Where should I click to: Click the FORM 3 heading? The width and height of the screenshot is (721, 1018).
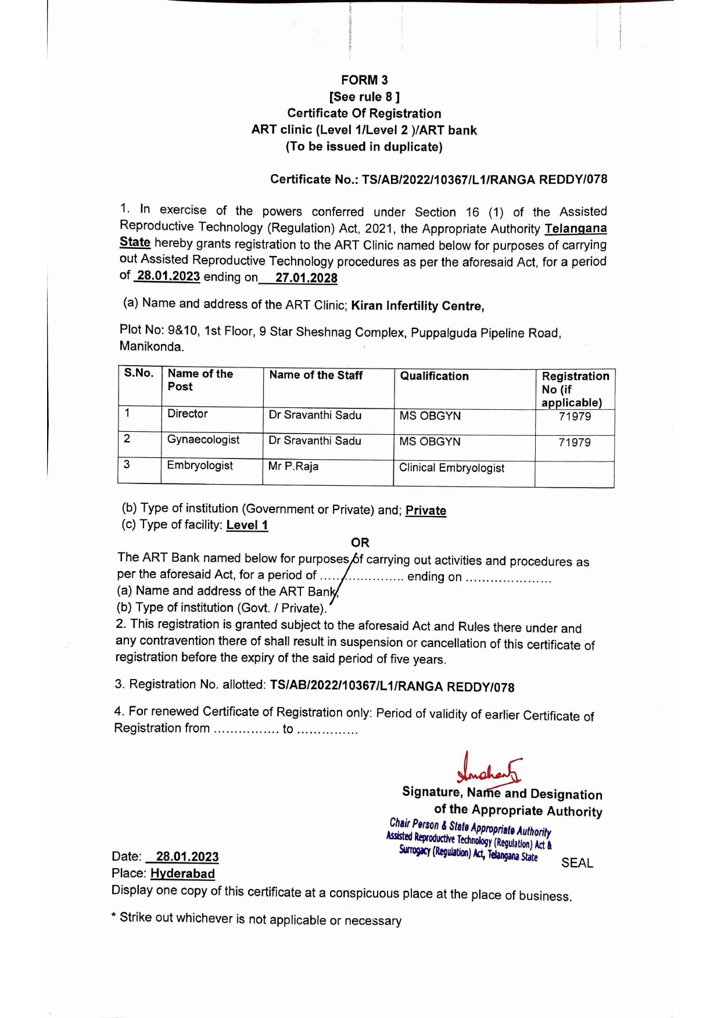(364, 80)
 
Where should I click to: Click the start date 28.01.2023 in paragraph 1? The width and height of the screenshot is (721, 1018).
(168, 276)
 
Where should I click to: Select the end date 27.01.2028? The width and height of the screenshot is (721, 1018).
(306, 278)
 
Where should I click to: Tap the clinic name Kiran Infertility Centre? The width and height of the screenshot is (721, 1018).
(417, 306)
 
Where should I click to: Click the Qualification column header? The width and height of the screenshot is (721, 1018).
(434, 376)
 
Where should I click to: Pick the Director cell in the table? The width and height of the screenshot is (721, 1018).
(187, 414)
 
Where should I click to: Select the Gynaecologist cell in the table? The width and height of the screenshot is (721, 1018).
(203, 440)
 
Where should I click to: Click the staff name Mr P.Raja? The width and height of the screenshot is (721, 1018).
(293, 467)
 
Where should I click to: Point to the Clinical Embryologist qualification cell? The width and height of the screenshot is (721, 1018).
(451, 468)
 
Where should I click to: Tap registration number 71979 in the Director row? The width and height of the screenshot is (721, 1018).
(575, 417)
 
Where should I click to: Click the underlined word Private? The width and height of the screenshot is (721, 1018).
(426, 511)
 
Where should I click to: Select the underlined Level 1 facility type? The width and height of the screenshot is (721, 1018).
(247, 525)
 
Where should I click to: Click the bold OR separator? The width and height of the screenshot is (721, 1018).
(360, 543)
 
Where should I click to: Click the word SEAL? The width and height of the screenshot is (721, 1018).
(577, 863)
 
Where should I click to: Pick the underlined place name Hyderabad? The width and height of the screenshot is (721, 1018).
(182, 873)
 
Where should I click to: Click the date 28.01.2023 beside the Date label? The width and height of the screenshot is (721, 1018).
(187, 857)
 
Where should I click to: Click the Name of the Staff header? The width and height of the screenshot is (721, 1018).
(315, 376)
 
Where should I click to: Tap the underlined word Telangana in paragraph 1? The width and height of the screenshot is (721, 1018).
(576, 229)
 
